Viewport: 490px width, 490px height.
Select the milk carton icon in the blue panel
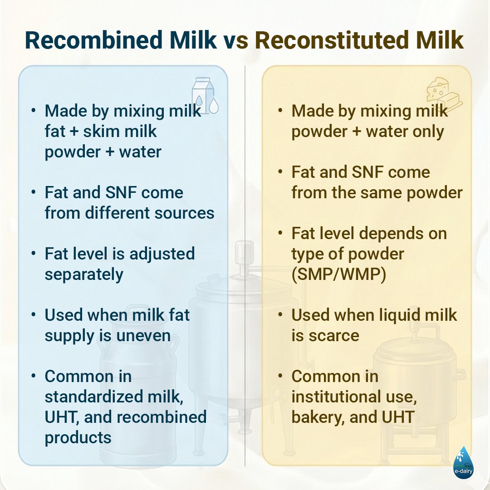tap(205, 95)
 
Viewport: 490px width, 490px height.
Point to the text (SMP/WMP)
tap(338, 274)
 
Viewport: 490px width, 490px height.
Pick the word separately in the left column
tap(84, 274)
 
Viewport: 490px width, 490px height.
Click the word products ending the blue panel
tap(78, 437)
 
